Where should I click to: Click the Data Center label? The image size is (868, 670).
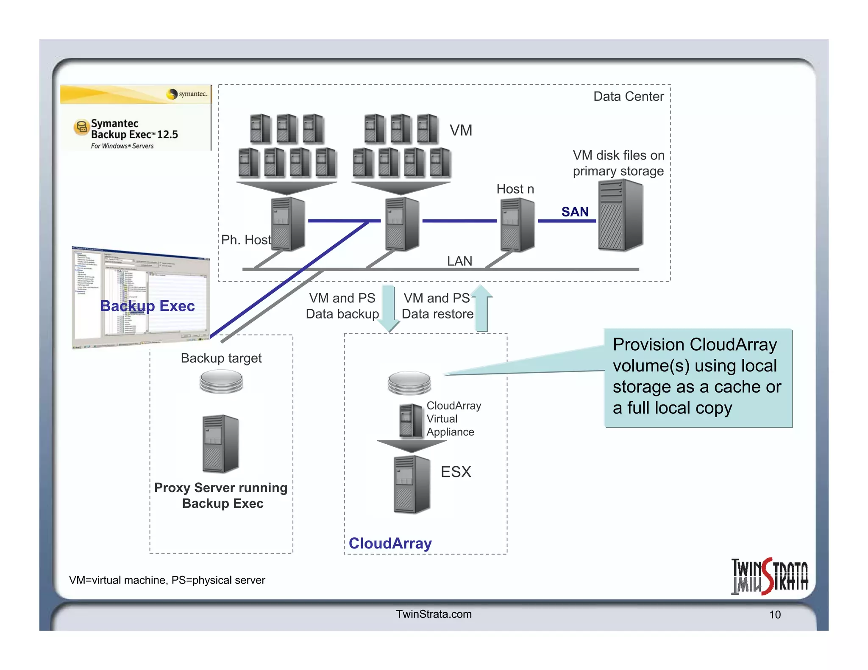[x=628, y=97]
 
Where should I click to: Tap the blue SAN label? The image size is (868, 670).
[x=575, y=211]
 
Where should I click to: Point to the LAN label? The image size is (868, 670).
[x=459, y=261]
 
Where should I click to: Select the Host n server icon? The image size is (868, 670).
[x=517, y=224]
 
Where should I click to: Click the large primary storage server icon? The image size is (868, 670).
[x=620, y=215]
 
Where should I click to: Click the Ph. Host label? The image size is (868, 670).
[x=246, y=240]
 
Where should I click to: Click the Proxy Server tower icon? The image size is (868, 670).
[x=220, y=443]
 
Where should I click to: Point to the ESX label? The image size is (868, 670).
[x=456, y=472]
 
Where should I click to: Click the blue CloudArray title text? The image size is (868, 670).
[x=390, y=543]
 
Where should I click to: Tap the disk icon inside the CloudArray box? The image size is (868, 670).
[x=409, y=382]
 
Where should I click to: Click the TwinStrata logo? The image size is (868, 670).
[x=769, y=576]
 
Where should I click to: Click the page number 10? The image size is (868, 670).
[x=775, y=615]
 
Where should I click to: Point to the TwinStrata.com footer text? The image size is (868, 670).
[x=434, y=614]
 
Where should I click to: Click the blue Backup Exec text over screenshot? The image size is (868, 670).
[x=147, y=306]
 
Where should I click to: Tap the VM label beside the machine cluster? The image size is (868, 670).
[x=461, y=130]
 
